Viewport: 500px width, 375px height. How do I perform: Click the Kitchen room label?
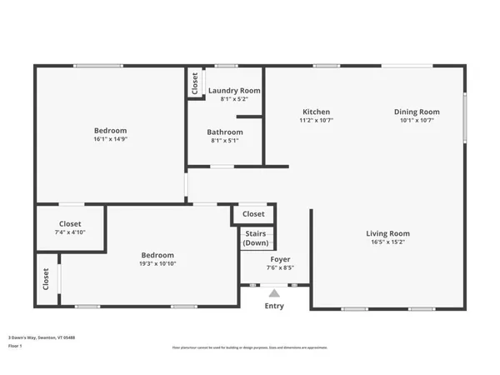point(316,112)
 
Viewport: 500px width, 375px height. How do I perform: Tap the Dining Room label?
point(417,112)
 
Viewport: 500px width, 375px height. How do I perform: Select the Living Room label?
point(387,233)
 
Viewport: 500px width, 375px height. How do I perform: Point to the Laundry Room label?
point(234,90)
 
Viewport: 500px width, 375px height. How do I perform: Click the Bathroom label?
point(225,132)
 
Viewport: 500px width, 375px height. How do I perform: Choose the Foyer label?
point(279,259)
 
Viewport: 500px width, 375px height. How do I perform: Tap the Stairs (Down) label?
point(257,238)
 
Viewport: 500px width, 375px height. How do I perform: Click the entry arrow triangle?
point(274,292)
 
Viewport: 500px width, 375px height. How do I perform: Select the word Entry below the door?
point(274,306)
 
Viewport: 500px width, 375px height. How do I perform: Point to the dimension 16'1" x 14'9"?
point(110,139)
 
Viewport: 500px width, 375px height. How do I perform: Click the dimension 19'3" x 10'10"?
point(157,264)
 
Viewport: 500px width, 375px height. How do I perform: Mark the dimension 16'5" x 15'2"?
point(387,242)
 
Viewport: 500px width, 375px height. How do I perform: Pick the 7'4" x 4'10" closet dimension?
point(70,232)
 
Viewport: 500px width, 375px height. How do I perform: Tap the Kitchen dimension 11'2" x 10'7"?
point(316,120)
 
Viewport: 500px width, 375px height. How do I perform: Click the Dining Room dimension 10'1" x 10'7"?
point(417,120)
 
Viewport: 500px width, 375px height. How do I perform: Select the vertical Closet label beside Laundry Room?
point(195,82)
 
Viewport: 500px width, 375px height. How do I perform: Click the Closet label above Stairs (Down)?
point(253,214)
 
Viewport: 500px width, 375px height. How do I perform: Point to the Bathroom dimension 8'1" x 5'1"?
point(225,140)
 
